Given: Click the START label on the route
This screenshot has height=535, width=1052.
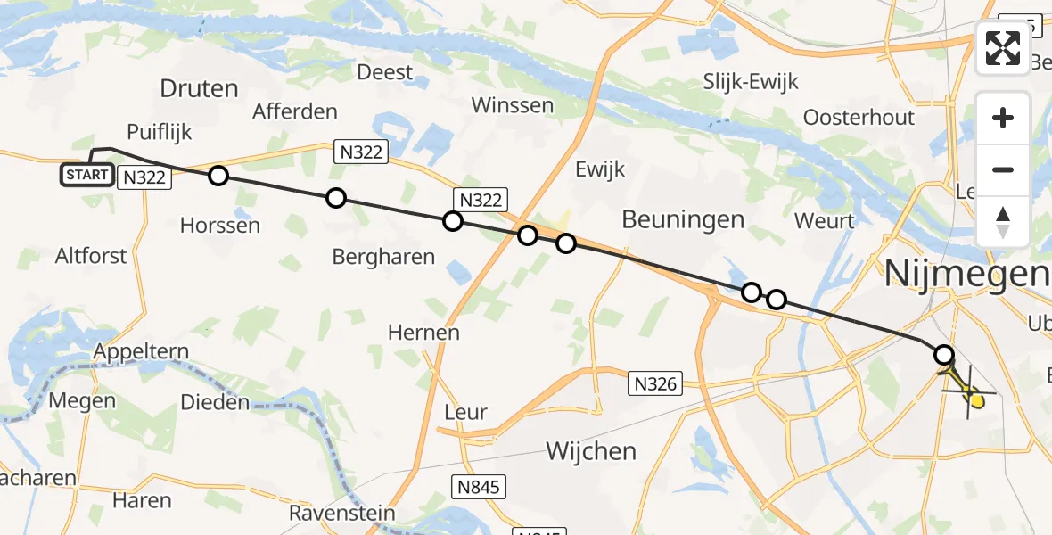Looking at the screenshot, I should pyautogui.click(x=87, y=175).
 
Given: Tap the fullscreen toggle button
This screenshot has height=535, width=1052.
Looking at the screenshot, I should pyautogui.click(x=1003, y=48).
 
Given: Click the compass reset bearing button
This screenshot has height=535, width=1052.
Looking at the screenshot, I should pyautogui.click(x=1003, y=222).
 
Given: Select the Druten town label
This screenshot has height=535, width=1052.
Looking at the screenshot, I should pyautogui.click(x=200, y=88).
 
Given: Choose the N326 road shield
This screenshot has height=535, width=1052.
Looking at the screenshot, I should pyautogui.click(x=656, y=383).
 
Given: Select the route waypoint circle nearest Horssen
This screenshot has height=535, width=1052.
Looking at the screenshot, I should pyautogui.click(x=218, y=176).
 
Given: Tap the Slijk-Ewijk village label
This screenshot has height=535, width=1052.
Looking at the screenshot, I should pyautogui.click(x=750, y=82).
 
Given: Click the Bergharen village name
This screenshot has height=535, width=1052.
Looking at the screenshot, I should pyautogui.click(x=382, y=257).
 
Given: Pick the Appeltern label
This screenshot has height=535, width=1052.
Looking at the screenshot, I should pyautogui.click(x=137, y=350).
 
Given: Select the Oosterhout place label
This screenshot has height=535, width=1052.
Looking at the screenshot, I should pyautogui.click(x=859, y=117).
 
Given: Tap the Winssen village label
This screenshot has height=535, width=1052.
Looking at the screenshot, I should pyautogui.click(x=512, y=105).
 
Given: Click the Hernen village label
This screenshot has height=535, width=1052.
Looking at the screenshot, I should pyautogui.click(x=423, y=333).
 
